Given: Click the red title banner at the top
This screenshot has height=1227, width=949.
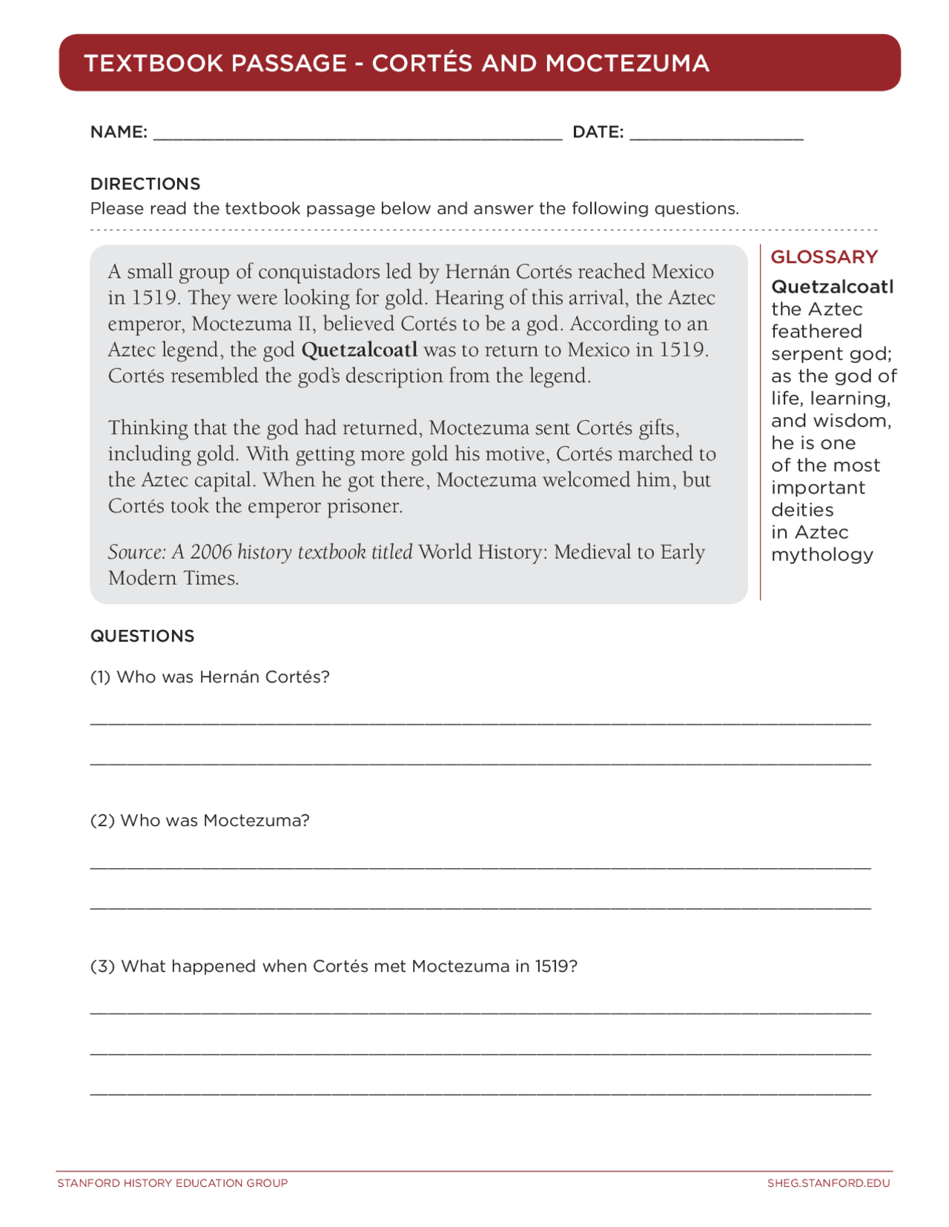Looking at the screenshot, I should pyautogui.click(x=479, y=63).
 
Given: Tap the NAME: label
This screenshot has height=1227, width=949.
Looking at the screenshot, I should pyautogui.click(x=119, y=133).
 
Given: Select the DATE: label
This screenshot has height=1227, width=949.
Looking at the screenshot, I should pyautogui.click(x=598, y=133).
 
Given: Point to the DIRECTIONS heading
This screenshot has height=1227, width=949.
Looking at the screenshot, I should pyautogui.click(x=145, y=184).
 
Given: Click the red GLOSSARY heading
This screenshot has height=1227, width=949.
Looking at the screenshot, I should pyautogui.click(x=824, y=257).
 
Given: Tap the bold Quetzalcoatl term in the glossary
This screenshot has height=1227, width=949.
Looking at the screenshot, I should pyautogui.click(x=832, y=287).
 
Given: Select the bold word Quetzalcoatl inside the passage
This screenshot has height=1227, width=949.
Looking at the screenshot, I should pyautogui.click(x=360, y=350).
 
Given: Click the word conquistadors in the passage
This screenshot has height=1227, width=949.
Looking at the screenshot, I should pyautogui.click(x=319, y=272).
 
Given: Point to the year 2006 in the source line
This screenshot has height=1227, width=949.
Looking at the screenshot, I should pyautogui.click(x=211, y=552).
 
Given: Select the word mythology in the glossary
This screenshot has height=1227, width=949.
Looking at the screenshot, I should pyautogui.click(x=821, y=555).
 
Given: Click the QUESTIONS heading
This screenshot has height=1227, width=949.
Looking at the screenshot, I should pyautogui.click(x=142, y=636).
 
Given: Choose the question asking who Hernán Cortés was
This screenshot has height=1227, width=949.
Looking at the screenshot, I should pyautogui.click(x=210, y=677).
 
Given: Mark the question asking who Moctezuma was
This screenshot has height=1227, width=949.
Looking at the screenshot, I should pyautogui.click(x=199, y=821).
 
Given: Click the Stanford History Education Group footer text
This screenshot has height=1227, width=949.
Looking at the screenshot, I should pyautogui.click(x=172, y=1183).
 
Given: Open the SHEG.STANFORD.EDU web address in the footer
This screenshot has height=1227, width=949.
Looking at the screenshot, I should pyautogui.click(x=828, y=1183).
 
